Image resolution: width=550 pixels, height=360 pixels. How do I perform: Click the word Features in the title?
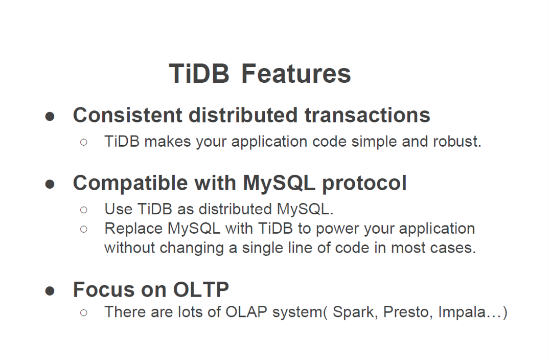[296, 74]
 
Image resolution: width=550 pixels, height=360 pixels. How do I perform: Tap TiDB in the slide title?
[199, 74]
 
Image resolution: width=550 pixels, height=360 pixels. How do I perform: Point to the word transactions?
[367, 115]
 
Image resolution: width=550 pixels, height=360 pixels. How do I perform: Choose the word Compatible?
[130, 183]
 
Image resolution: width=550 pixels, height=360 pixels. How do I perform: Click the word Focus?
[104, 289]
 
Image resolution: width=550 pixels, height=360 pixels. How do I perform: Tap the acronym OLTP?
[201, 289]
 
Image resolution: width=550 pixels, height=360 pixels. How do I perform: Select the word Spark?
[355, 312]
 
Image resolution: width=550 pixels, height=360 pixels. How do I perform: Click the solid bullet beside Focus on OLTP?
[50, 291]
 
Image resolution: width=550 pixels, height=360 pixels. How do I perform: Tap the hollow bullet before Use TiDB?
[83, 210]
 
